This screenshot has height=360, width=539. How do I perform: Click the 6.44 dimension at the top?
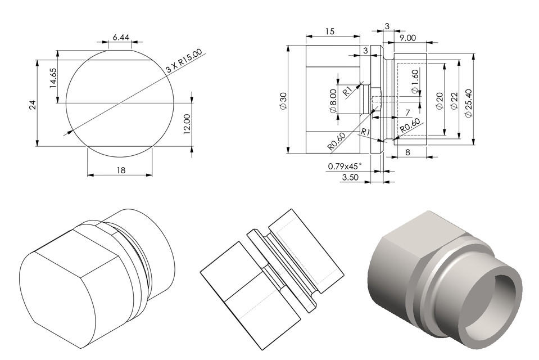point(121,37)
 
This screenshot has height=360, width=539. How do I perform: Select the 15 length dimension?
point(329,31)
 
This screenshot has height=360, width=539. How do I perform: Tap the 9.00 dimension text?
point(408,38)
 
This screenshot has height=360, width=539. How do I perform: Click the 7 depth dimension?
point(407,113)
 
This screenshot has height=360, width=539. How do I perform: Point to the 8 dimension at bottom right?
point(407,152)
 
